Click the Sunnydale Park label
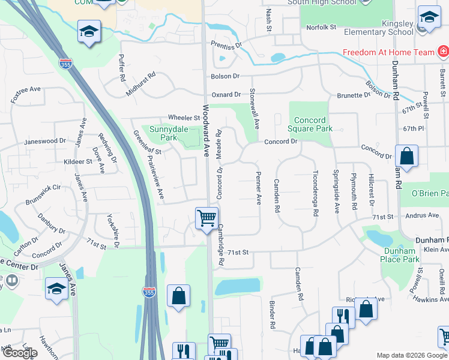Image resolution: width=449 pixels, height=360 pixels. pyautogui.click(x=160, y=133)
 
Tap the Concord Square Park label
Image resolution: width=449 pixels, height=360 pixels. pyautogui.click(x=311, y=124)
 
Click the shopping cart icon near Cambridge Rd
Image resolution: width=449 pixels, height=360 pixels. pyautogui.click(x=207, y=218)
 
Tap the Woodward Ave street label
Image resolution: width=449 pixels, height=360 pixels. pyautogui.click(x=205, y=131)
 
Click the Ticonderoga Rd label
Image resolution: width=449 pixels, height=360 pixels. pyautogui.click(x=315, y=187)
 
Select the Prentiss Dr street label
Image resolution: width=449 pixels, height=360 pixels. pyautogui.click(x=226, y=45)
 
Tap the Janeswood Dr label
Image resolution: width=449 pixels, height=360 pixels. pyautogui.click(x=44, y=142)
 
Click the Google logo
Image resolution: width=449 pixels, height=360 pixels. pyautogui.click(x=19, y=353)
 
